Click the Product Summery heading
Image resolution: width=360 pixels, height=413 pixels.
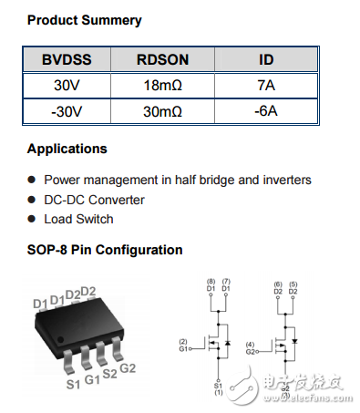point(84,19)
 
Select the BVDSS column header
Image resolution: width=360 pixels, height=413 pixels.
point(67,60)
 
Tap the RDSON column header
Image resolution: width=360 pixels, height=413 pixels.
point(162,60)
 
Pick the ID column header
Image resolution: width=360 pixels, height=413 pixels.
point(265,60)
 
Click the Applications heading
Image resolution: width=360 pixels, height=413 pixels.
point(67,149)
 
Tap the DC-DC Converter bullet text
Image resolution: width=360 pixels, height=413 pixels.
point(94,200)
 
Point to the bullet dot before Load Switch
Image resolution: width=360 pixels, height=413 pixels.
point(33,220)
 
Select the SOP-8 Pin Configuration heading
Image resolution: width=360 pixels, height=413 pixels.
point(104,250)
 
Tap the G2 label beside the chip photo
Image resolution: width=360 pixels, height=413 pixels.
point(129,367)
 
